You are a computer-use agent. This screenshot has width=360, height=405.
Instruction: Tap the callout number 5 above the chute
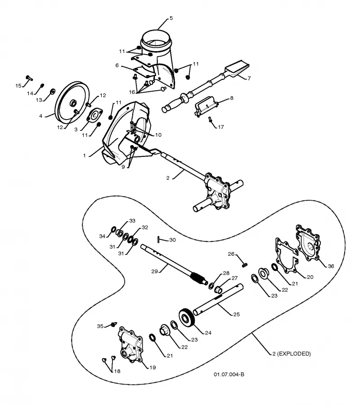pos(171,18)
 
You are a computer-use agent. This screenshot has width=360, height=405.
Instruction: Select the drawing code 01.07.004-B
pos(229,374)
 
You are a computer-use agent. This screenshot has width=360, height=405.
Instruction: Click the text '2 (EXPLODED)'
pos(292,354)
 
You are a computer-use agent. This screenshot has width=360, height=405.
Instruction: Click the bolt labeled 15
pos(29,78)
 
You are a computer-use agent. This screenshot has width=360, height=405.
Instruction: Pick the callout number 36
pos(331,266)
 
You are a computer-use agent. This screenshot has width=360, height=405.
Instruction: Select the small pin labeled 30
pos(158,240)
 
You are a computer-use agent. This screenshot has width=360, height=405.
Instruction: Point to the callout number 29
pos(154,271)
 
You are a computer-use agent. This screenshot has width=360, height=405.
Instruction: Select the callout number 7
pos(249,78)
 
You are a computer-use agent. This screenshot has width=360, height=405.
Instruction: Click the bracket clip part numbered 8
pos(206,106)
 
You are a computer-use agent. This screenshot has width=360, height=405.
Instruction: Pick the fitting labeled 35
pos(113,324)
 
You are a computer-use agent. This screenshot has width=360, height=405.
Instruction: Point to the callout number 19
pos(153,367)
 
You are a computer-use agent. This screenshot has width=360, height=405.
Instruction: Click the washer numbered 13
pos(53,91)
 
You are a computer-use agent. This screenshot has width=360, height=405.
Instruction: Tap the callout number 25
pos(236,314)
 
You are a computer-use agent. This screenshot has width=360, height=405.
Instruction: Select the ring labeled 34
pos(114,229)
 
